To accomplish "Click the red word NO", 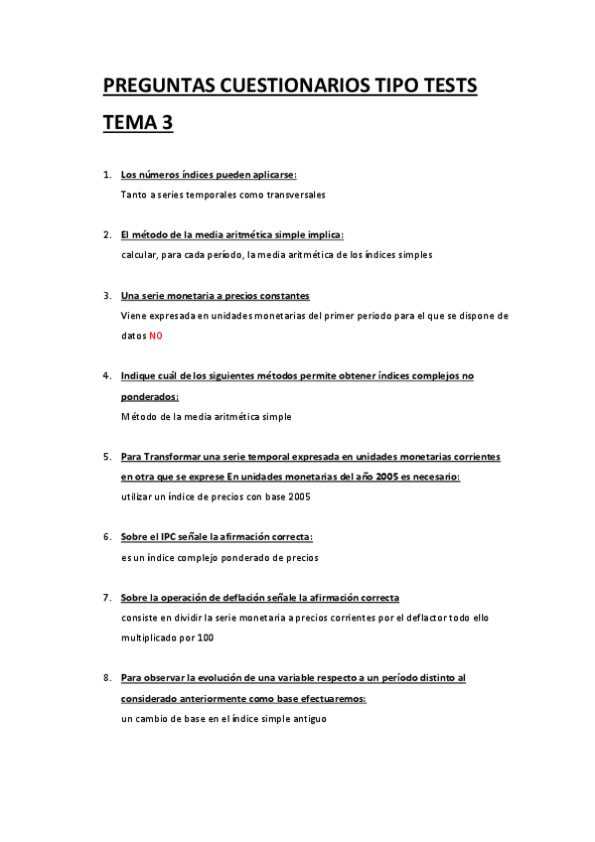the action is [x=155, y=336].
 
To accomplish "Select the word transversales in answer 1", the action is [x=296, y=195].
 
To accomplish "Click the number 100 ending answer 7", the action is [x=205, y=636].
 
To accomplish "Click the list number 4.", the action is [x=106, y=376].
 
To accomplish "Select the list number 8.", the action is [x=106, y=678].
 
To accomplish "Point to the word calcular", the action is [x=140, y=255].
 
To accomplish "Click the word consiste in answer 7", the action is [x=141, y=618].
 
